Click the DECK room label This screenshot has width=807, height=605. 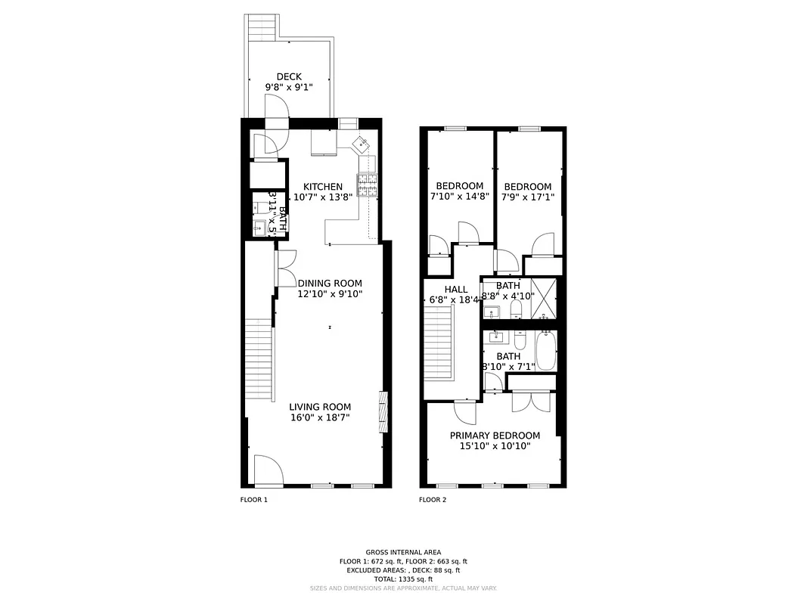tap(289, 76)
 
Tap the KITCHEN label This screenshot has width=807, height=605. tap(323, 187)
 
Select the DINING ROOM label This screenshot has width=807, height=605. tap(330, 284)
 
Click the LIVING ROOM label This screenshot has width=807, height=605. tap(320, 407)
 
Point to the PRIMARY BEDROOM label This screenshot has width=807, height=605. tap(495, 436)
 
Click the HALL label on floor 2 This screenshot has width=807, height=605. tap(456, 290)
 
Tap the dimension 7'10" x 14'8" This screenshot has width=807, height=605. tap(459, 197)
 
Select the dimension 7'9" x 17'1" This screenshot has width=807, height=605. tap(527, 197)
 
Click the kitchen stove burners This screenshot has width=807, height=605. tap(368, 185)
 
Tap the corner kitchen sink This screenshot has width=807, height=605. tap(362, 143)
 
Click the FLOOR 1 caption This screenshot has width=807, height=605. tap(253, 500)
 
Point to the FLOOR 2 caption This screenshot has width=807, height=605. tap(433, 500)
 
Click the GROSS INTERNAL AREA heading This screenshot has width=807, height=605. tap(403, 552)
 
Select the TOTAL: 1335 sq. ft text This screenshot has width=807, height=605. tap(403, 579)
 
